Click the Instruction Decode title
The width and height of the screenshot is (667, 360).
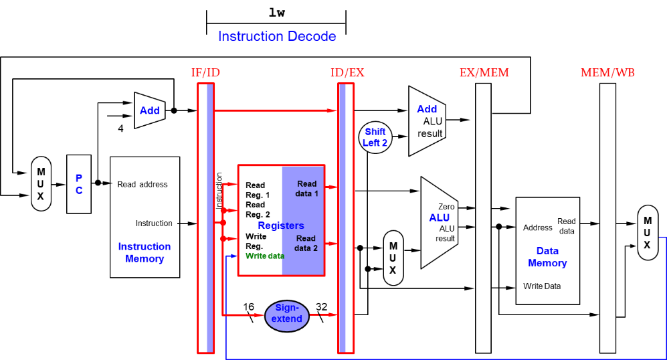(x=277, y=37)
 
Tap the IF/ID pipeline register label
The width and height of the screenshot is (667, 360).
(x=205, y=73)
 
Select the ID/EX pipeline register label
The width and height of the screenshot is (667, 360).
(x=347, y=73)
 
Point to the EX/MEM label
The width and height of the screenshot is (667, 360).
(x=484, y=73)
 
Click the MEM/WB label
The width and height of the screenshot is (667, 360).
(x=607, y=73)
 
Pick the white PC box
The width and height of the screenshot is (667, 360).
(x=79, y=184)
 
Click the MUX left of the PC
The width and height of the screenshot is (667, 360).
(x=41, y=184)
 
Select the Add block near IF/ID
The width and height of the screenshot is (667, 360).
(x=150, y=110)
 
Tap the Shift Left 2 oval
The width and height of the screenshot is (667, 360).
(x=375, y=137)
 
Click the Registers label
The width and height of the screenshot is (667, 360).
(x=281, y=226)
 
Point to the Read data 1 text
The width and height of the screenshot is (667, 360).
(x=307, y=189)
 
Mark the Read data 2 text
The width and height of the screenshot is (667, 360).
(x=306, y=243)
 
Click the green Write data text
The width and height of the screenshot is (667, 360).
(x=265, y=256)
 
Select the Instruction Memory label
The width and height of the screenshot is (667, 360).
(x=145, y=252)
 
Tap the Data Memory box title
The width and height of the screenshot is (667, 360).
(x=547, y=257)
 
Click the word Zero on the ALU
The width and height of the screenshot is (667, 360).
(x=446, y=207)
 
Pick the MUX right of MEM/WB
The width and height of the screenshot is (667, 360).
(x=647, y=233)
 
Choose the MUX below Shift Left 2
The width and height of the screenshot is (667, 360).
(x=393, y=258)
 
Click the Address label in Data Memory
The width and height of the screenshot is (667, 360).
(x=538, y=228)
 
